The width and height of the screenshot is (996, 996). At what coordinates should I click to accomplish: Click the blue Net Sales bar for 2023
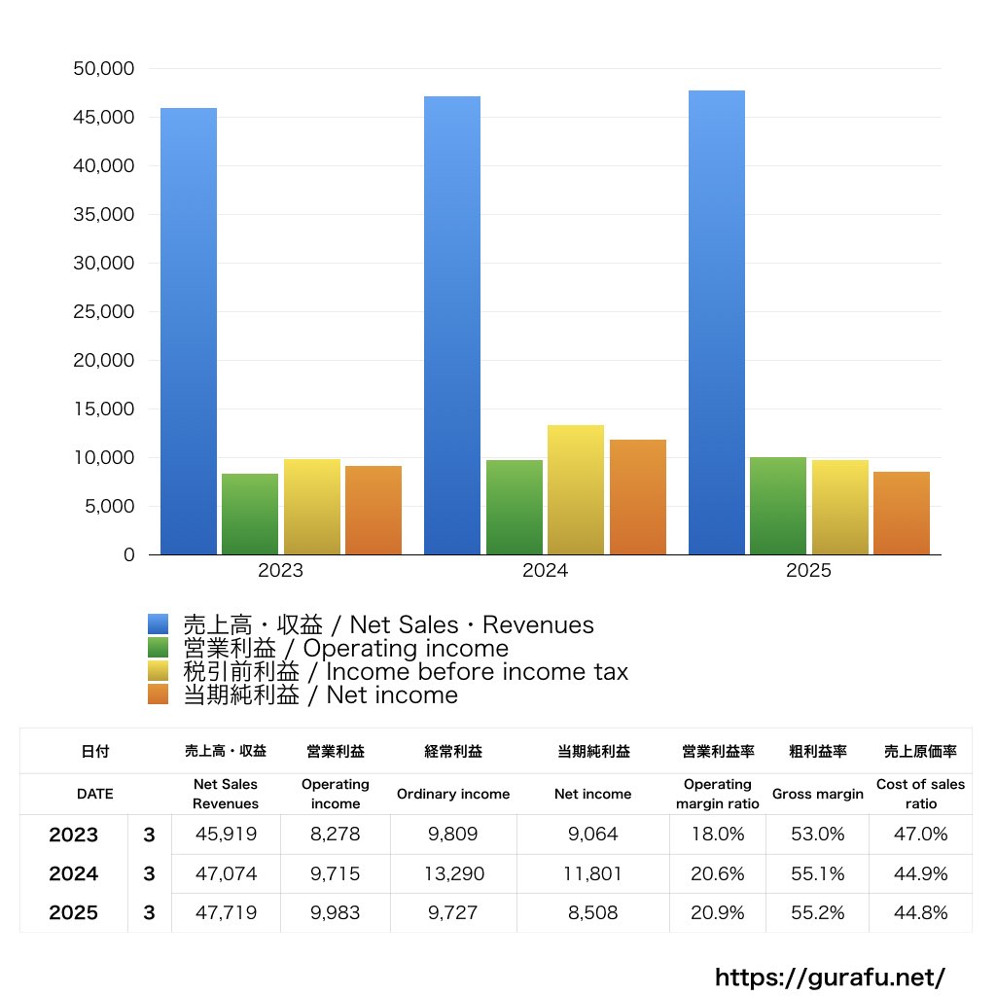[x=189, y=331]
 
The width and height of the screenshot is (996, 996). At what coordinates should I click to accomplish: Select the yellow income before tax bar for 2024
[x=576, y=489]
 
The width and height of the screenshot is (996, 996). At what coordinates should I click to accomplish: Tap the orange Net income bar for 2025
[x=902, y=513]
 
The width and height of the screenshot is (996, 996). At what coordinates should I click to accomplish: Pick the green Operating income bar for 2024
[x=515, y=507]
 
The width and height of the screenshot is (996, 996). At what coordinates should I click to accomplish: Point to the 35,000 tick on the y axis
[x=104, y=215]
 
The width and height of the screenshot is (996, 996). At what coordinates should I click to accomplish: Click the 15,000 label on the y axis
[x=104, y=409]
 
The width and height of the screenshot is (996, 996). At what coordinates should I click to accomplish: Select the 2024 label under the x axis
[x=545, y=571]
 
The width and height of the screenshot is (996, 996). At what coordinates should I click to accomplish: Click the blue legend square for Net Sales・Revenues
[x=159, y=624]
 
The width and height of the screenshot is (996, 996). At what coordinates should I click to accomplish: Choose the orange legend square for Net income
[x=159, y=694]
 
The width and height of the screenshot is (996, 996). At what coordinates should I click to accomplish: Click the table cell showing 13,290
[x=453, y=874]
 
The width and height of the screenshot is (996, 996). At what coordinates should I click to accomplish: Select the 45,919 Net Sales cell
[x=226, y=835]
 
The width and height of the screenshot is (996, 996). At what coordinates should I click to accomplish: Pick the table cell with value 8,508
[x=593, y=913]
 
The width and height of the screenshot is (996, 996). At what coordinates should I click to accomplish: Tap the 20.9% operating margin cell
[x=718, y=913]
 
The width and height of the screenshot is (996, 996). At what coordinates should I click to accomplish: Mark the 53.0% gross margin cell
[x=818, y=835]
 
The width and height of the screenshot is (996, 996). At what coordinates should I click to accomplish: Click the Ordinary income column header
[x=453, y=794]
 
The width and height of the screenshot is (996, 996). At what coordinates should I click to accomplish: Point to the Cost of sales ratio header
[x=920, y=794]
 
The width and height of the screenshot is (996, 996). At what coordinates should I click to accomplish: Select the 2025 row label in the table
[x=74, y=913]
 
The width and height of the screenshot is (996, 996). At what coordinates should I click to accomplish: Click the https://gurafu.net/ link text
[x=830, y=977]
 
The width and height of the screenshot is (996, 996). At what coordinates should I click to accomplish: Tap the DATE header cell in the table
[x=94, y=794]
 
